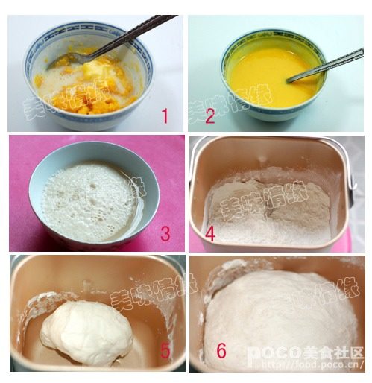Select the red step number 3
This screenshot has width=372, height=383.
point(165,234)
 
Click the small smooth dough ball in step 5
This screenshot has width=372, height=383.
point(86,332)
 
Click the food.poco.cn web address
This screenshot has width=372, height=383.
point(328,367)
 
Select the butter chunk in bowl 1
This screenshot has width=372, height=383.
point(93,71)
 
